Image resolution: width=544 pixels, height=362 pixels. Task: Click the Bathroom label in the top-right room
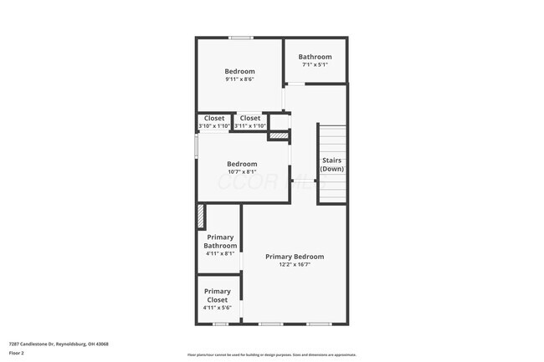coord(315,57)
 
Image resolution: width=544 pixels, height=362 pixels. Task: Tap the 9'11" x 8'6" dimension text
coord(239,80)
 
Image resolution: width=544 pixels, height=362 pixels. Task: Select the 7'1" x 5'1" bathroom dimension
coord(315,65)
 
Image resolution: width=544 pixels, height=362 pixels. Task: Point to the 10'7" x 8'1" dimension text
coord(242,172)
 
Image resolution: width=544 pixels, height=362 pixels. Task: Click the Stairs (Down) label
coord(331,165)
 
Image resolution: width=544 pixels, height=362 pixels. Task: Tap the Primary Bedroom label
coord(295,257)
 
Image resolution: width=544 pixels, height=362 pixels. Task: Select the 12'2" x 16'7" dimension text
coord(295,266)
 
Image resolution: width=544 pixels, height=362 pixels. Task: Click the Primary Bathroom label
coord(219,242)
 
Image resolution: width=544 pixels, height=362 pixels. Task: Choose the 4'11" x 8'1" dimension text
coord(219,254)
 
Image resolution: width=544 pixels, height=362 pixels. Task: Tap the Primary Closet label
coord(218,295)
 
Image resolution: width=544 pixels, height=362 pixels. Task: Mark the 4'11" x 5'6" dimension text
coord(218,308)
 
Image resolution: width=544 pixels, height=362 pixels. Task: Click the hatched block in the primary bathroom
coord(200,216)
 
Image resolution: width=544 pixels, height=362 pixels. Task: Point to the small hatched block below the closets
coord(278,135)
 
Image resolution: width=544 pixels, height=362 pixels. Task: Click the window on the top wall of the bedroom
coord(242,38)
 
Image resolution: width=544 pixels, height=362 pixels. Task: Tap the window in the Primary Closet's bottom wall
coord(220,324)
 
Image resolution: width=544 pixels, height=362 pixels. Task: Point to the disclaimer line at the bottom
coord(272,354)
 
